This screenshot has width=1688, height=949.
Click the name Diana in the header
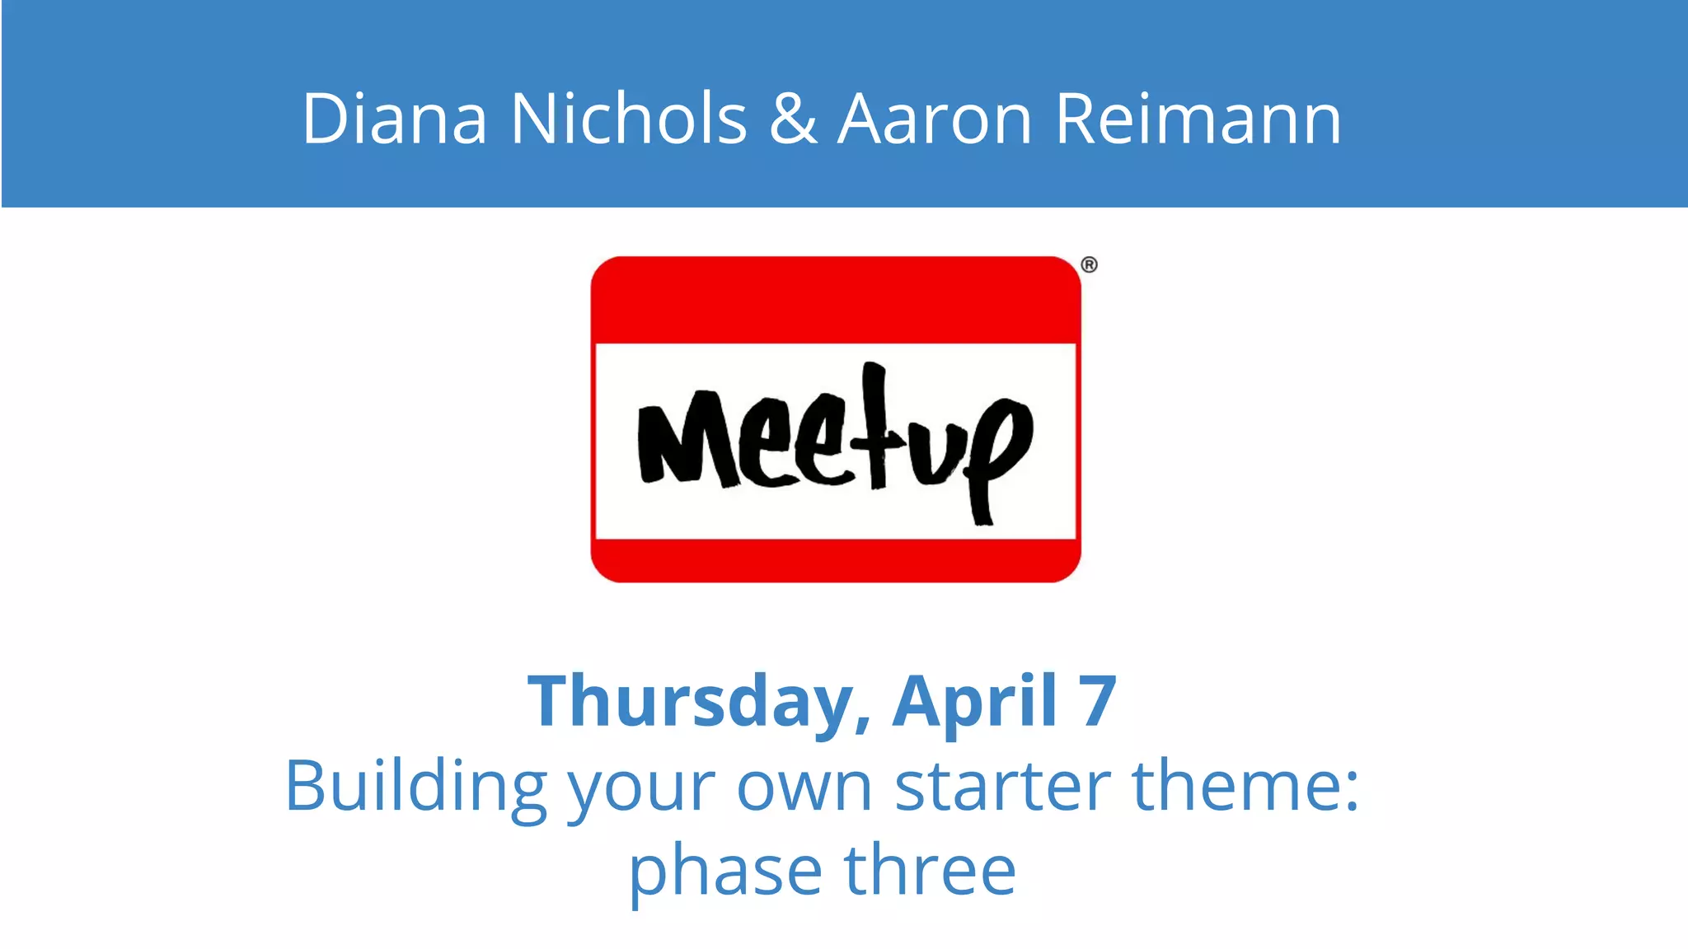click(395, 119)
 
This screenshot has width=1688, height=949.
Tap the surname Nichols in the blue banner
click(629, 119)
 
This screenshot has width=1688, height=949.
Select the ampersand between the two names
click(793, 119)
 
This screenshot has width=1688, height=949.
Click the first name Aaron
click(935, 119)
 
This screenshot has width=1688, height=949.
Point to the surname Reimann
click(1198, 119)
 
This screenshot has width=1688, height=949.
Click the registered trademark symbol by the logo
click(1089, 265)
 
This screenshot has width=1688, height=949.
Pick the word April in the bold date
click(974, 702)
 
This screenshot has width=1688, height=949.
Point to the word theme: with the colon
click(1245, 787)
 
